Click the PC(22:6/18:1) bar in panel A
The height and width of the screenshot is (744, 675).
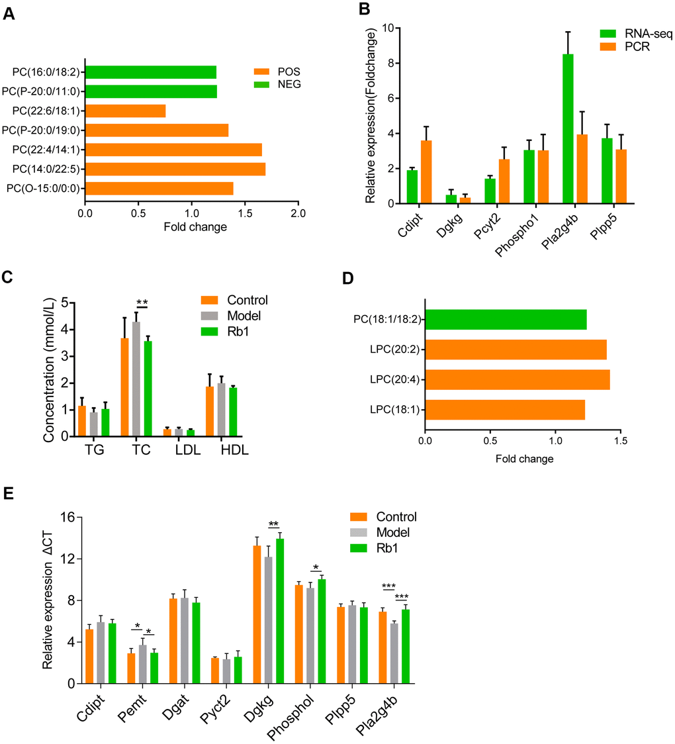click(x=125, y=111)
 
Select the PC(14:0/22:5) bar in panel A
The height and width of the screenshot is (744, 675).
click(x=175, y=169)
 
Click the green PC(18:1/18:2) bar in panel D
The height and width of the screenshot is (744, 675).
click(x=506, y=320)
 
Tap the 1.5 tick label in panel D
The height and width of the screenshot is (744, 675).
click(x=619, y=440)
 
